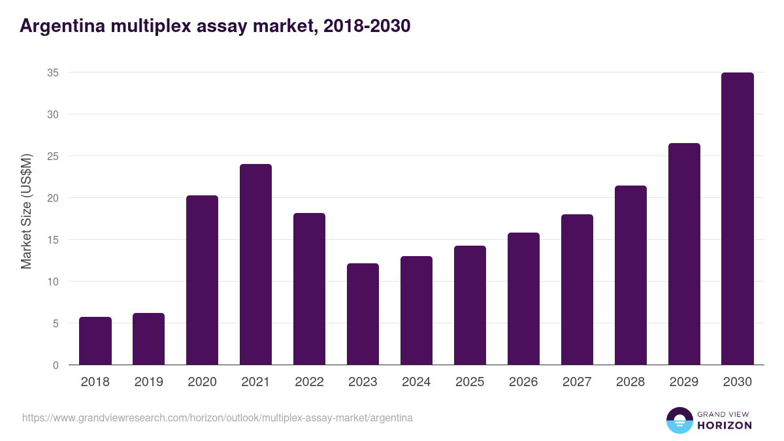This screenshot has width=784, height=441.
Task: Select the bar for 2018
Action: coord(95,341)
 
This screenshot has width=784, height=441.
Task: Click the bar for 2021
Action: coord(255,265)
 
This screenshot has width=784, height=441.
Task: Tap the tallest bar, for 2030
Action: coord(738,219)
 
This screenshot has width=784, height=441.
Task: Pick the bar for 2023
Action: coord(363,314)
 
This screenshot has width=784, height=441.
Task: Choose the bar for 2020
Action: coord(202,280)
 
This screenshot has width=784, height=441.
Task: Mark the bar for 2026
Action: coord(523,299)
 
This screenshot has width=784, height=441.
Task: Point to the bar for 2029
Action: coord(684,254)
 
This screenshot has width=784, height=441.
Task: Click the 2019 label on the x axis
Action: coord(148,382)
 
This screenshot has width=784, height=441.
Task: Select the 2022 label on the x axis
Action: coord(309,382)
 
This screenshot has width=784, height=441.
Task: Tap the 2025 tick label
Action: coord(470,382)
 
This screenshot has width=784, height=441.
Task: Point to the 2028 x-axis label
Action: coord(630,382)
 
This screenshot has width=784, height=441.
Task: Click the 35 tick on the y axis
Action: coord(53,73)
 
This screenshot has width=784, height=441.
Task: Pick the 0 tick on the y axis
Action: coord(56,365)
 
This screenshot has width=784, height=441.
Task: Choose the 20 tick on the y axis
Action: coord(53,198)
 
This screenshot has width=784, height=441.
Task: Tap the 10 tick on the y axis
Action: coord(53,282)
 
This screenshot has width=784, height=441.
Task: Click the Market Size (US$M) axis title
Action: coord(26,210)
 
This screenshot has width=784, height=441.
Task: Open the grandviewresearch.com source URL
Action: coord(217,417)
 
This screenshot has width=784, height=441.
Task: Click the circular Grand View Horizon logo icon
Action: coord(679,420)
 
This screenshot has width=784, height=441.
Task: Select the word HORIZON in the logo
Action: coord(725,425)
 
